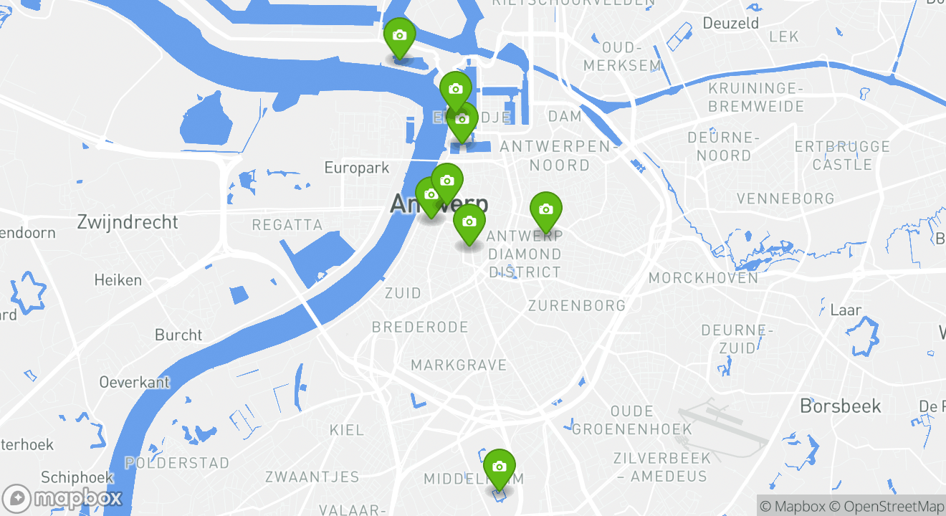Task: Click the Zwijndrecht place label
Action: coord(128,222)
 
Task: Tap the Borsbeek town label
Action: coord(841,406)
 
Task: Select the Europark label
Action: coord(356,168)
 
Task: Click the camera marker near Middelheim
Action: coord(500,467)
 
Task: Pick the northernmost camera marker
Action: coord(399,36)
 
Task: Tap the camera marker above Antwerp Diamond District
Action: coord(545,209)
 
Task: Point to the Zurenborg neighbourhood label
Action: coord(576,305)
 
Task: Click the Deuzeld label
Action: coord(730,23)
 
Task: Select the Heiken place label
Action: coord(118,279)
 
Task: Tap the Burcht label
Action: coord(178,335)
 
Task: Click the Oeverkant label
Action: coord(135,382)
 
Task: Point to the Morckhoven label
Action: coord(703,277)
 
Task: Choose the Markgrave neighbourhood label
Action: coord(459,365)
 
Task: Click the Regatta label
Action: coord(287,225)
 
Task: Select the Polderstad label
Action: coord(177,462)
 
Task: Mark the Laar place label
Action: coord(846,310)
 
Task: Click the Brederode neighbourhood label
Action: coord(419,328)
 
